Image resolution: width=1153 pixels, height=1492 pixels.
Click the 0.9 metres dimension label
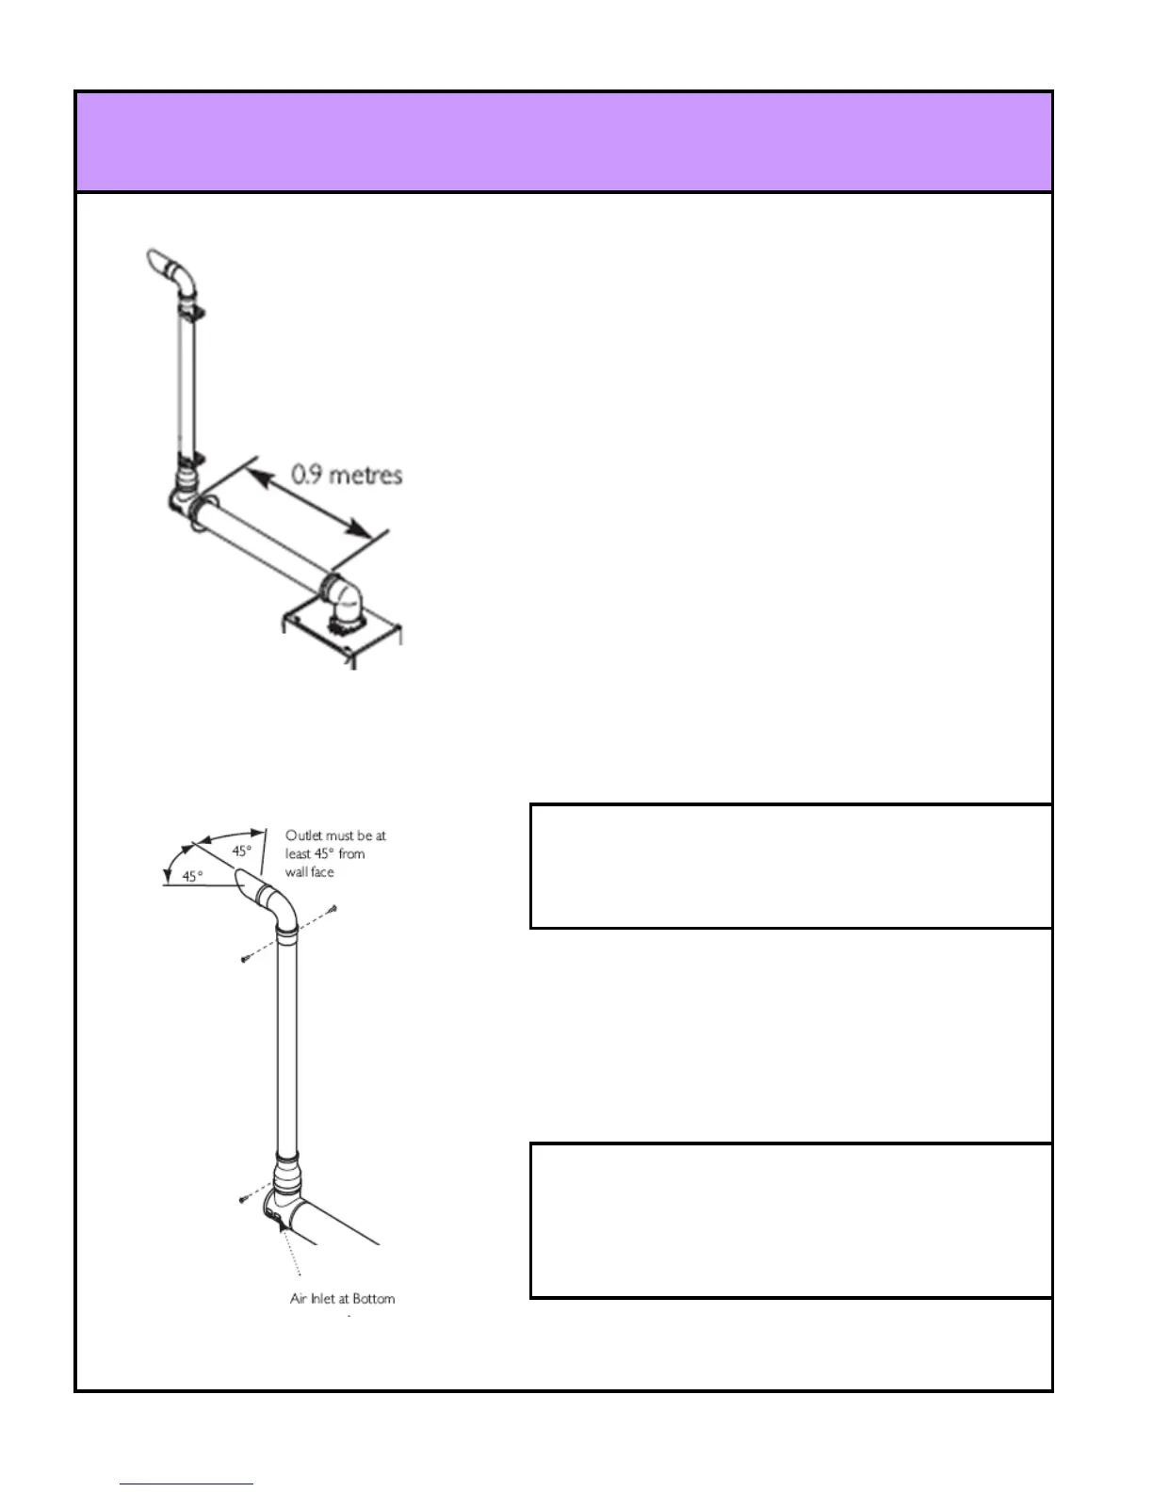coord(347,475)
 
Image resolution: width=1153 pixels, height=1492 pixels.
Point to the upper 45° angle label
coord(243,851)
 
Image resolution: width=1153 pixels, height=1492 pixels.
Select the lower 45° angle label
coord(191,877)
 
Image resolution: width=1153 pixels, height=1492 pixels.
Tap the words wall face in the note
coord(311,872)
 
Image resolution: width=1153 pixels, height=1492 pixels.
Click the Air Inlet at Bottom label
coord(342,1298)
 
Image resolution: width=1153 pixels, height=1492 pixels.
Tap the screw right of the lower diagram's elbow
coord(334,909)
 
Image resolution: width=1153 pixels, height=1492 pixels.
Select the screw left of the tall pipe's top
coord(244,958)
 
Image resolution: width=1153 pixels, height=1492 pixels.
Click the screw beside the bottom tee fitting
coord(241,1199)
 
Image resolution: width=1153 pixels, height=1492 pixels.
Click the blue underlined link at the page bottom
coord(187,1484)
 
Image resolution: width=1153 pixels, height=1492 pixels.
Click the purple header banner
coord(563,142)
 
